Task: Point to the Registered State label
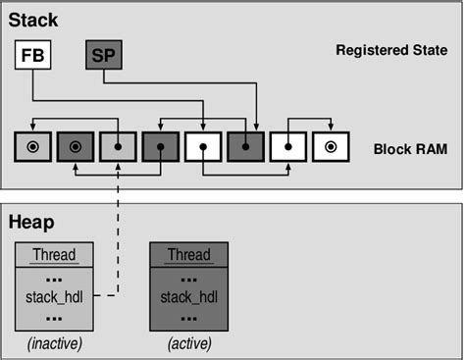click(391, 50)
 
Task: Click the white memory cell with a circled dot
click(331, 147)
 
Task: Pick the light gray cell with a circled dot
click(32, 147)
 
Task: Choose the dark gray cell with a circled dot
click(76, 147)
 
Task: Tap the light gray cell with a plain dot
click(118, 147)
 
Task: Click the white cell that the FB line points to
click(203, 147)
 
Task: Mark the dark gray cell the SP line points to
click(245, 147)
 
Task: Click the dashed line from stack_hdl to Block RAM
click(119, 235)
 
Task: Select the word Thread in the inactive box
click(54, 255)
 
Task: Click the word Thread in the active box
click(187, 255)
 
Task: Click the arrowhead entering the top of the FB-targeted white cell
click(203, 128)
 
